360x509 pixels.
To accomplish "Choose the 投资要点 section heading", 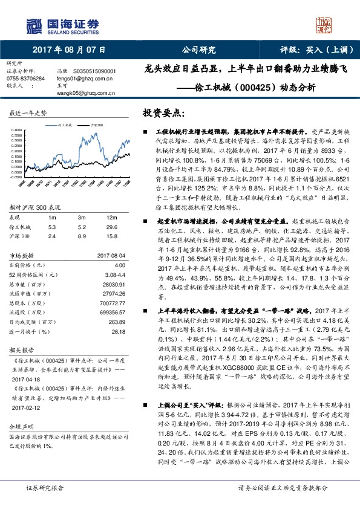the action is coord(163,113).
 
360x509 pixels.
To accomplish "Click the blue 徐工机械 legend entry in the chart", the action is coord(65,123).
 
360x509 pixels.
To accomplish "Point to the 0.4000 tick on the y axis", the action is coord(16,129).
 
